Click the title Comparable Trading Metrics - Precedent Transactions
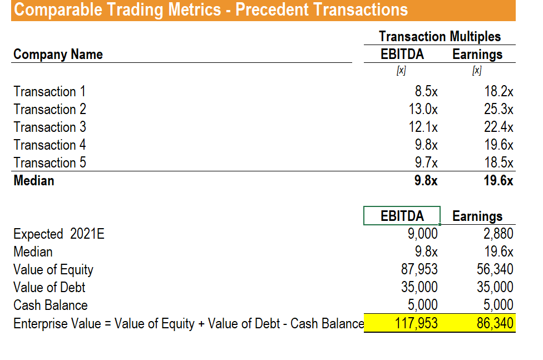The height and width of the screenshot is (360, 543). [x=210, y=10]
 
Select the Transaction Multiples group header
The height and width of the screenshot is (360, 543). [x=440, y=37]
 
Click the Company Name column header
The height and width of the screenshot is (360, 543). [x=58, y=55]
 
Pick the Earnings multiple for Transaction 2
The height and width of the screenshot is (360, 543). [x=498, y=109]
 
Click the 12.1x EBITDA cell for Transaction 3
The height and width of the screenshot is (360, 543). [x=423, y=127]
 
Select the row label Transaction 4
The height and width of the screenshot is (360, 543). [x=50, y=145]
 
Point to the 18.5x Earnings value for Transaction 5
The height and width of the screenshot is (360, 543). [x=498, y=162]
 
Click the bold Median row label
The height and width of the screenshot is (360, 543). [x=34, y=180]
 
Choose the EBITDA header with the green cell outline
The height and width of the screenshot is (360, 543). [x=402, y=216]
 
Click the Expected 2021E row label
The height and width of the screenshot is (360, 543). [x=59, y=234]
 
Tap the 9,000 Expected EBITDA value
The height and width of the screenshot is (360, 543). [x=423, y=234]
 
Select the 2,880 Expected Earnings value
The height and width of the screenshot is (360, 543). [x=498, y=234]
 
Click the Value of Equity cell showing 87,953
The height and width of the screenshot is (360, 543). [x=419, y=269]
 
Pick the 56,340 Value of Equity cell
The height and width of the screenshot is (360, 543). [x=495, y=269]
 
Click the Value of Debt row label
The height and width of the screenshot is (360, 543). [x=50, y=287]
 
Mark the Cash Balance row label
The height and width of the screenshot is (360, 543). [x=51, y=305]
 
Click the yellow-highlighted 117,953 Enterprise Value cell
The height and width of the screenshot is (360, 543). [x=416, y=323]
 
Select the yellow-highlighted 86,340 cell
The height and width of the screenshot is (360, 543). [x=495, y=323]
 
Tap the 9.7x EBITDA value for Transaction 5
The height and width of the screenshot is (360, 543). [x=426, y=162]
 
